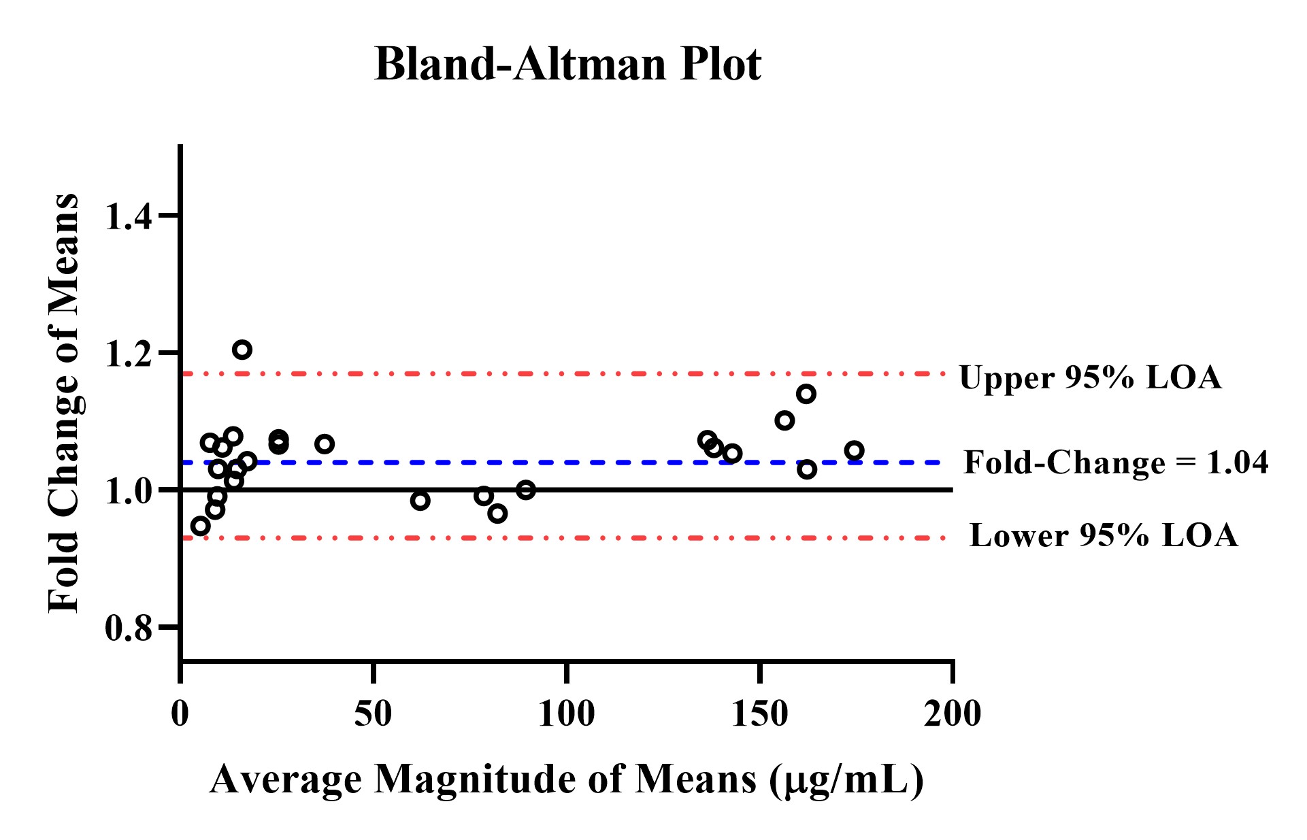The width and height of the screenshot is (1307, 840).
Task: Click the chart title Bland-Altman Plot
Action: [x=567, y=65]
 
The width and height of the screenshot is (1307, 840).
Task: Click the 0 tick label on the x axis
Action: [x=180, y=713]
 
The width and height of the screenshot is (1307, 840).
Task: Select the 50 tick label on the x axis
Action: [x=373, y=713]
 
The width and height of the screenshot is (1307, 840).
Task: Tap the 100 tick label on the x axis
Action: [x=566, y=713]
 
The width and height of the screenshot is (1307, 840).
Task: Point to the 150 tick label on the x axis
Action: [x=759, y=713]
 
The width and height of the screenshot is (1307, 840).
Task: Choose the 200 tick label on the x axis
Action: [x=952, y=713]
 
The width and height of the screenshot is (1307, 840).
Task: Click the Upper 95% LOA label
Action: [x=1090, y=377]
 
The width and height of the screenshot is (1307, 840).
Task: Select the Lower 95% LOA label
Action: [x=1104, y=536]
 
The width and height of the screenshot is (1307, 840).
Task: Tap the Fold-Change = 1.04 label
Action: [x=1116, y=463]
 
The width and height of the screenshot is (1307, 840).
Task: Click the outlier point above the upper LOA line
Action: [x=242, y=350]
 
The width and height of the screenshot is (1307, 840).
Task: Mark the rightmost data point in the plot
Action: [x=854, y=450]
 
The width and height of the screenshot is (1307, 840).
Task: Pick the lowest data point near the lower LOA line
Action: [x=200, y=526]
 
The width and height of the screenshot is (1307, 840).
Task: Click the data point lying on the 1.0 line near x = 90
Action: [x=525, y=490]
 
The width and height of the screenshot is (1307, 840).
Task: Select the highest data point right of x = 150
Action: [x=806, y=394]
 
